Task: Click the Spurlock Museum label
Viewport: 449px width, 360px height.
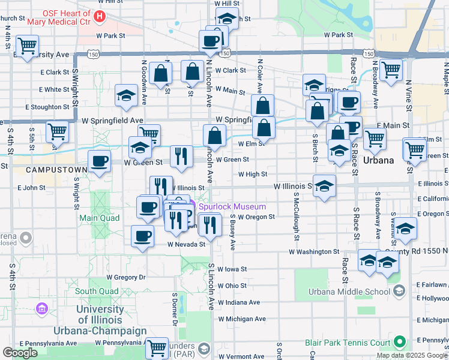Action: click(x=232, y=207)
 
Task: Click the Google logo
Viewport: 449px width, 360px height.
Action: click(x=20, y=353)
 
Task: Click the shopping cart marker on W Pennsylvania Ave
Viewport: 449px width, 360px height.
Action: click(x=157, y=347)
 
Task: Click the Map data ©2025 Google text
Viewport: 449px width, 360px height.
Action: click(x=412, y=355)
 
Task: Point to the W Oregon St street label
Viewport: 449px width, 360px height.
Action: click(x=256, y=217)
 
